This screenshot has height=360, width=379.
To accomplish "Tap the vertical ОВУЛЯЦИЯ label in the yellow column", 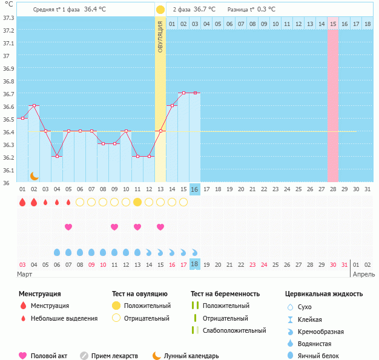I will point(160,36).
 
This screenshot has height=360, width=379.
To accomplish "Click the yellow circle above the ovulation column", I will point(160,10).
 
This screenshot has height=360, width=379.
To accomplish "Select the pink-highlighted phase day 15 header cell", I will point(333,24).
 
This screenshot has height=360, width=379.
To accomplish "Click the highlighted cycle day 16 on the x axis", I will point(195,189).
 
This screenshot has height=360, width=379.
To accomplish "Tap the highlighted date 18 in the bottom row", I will point(195,264).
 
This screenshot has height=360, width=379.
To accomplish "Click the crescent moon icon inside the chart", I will point(35,175).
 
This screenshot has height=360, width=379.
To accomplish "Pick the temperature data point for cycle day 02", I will point(34,105).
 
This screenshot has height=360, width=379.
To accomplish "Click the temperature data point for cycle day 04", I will point(57,156).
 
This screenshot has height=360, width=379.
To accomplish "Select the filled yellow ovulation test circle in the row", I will point(137,201).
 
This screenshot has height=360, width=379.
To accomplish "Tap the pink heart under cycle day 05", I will point(68,227).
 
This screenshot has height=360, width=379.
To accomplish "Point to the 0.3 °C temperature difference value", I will point(266,10).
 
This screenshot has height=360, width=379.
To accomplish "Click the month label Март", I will point(25,274).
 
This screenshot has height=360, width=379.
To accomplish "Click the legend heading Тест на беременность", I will point(225,294).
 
